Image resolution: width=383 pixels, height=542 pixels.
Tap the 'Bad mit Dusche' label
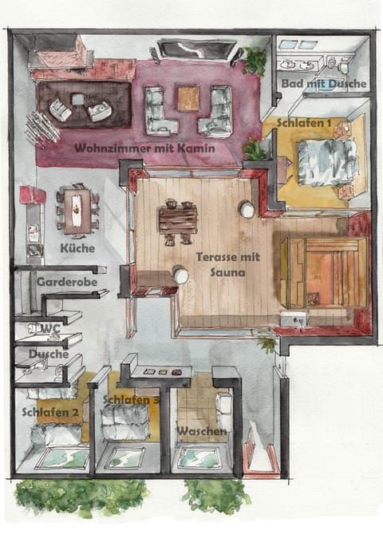pos(324,83)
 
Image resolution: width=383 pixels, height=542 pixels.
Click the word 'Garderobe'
pos(64,282)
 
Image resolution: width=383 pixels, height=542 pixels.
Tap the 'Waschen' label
pos(202,431)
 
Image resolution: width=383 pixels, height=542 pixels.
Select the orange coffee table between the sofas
pos(188,98)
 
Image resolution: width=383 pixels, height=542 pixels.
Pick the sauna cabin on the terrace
pos(327,271)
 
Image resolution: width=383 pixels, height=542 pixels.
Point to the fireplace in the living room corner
pos(59,53)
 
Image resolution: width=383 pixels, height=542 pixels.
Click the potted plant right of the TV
pos(255,59)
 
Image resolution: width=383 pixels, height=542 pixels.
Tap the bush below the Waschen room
pos(215,496)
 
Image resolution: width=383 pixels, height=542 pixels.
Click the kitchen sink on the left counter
pos(34,234)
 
